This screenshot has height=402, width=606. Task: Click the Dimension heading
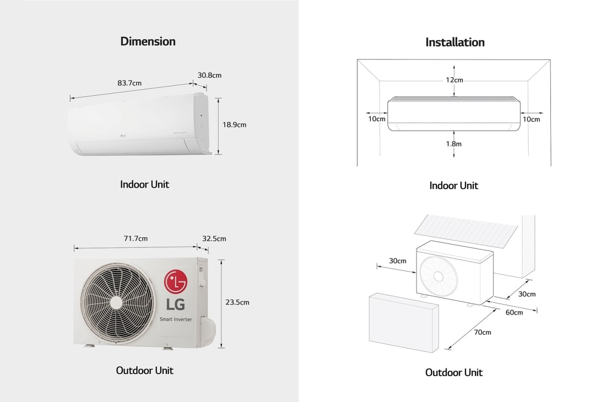(x=148, y=41)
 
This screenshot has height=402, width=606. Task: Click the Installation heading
(x=455, y=42)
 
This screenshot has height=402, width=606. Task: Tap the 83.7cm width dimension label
(x=129, y=83)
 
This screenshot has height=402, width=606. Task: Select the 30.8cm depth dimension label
(x=209, y=75)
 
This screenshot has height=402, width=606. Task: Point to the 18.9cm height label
(x=234, y=125)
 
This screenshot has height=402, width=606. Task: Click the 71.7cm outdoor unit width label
(x=136, y=238)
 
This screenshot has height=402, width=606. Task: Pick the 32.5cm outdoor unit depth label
(x=214, y=238)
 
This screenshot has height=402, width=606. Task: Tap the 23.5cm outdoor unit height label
(x=237, y=302)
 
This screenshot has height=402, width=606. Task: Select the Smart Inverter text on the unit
(x=176, y=319)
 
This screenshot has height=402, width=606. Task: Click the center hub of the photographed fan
(x=116, y=302)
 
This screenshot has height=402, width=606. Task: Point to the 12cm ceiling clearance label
(x=454, y=80)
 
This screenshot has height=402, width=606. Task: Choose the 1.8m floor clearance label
(x=454, y=143)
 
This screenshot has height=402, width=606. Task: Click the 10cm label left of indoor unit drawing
(x=377, y=119)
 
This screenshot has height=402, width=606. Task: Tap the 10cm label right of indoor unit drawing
(x=532, y=119)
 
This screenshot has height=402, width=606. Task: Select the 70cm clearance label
(x=482, y=332)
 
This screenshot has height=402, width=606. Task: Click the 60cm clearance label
(x=514, y=312)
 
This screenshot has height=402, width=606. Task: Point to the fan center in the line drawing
(x=437, y=275)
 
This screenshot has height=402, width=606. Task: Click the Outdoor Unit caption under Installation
(x=454, y=373)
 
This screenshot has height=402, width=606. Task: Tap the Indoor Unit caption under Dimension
(x=144, y=184)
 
